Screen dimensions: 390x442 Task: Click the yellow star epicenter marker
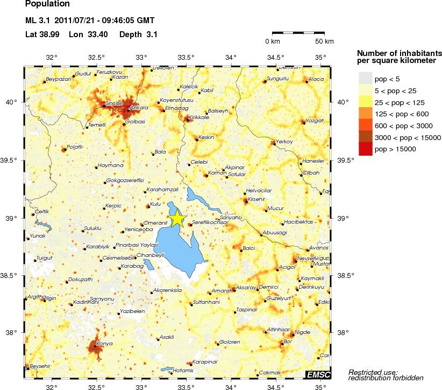click(x=177, y=219)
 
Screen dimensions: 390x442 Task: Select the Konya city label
click(x=103, y=343)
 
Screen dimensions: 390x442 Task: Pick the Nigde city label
click(x=303, y=332)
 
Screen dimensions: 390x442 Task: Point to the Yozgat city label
click(x=314, y=121)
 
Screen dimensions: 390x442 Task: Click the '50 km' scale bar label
click(x=324, y=41)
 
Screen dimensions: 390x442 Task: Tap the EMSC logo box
click(x=318, y=374)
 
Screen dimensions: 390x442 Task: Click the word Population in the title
click(x=47, y=4)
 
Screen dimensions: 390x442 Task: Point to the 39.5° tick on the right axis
click(x=345, y=160)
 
